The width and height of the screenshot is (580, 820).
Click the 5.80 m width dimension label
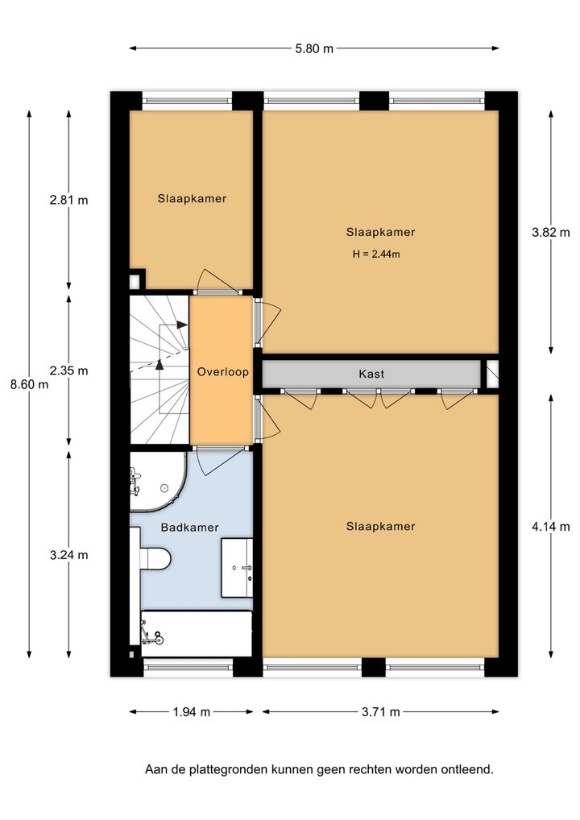tap(314, 49)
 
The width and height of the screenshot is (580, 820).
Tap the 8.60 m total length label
tap(29, 384)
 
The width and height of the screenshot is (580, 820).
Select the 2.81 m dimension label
tap(69, 200)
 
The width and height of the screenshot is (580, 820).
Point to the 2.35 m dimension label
tap(69, 371)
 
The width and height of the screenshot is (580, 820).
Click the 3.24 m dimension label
tap(69, 555)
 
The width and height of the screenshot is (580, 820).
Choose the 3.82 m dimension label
tap(551, 233)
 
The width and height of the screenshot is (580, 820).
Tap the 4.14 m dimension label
tap(551, 527)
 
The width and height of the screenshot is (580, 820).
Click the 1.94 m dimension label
tap(192, 712)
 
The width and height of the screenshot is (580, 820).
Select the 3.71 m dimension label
tap(381, 712)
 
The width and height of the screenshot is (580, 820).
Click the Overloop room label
tap(223, 372)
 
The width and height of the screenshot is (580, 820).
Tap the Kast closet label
tap(371, 374)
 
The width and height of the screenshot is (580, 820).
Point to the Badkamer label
tap(190, 528)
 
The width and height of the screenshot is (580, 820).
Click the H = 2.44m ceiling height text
tap(376, 255)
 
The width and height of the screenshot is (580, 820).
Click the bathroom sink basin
tap(237, 567)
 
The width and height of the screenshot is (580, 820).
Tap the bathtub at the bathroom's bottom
tap(197, 634)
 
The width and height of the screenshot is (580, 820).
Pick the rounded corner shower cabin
tap(157, 481)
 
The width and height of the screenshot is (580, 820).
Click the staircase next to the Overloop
tap(159, 371)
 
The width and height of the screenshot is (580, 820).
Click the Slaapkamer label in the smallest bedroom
tap(192, 199)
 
